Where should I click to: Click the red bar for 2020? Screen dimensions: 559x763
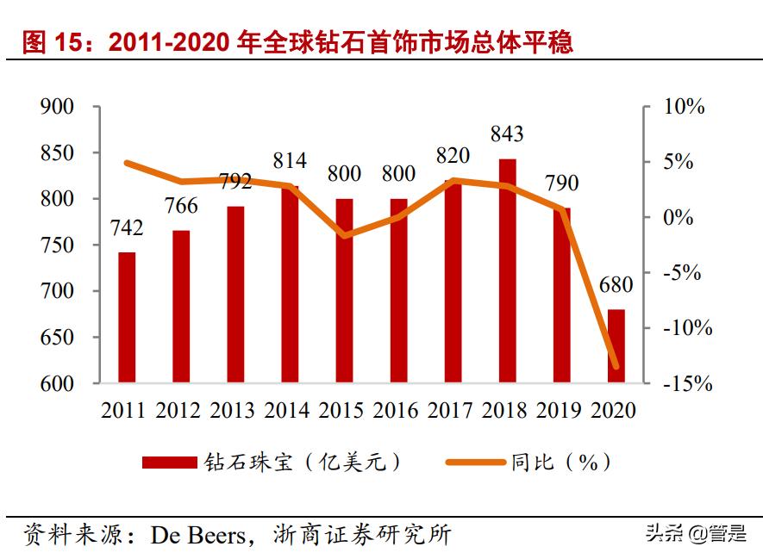click(616, 346)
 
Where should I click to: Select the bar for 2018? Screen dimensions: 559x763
click(508, 270)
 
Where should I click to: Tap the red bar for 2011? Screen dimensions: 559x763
click(127, 317)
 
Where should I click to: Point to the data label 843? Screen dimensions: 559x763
click(507, 134)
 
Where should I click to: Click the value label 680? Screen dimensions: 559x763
click(616, 285)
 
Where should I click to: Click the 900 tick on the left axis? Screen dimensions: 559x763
click(59, 107)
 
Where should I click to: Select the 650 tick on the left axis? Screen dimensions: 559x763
click(59, 338)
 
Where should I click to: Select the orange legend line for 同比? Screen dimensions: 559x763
click(474, 463)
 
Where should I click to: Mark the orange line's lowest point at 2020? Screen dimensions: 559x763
click(616, 367)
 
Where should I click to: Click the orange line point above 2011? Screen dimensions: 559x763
click(127, 163)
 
